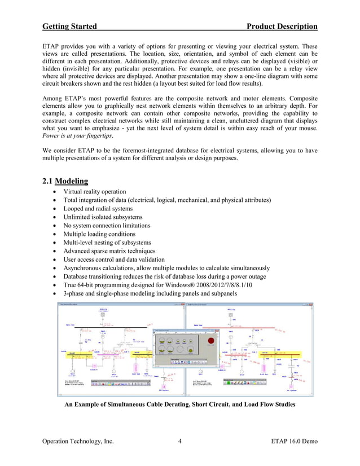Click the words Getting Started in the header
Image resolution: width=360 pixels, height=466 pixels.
[69, 27]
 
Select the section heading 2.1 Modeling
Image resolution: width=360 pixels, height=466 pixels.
[65, 181]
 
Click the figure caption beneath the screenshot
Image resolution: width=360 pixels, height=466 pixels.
[179, 405]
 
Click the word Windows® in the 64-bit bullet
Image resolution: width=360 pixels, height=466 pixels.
[175, 285]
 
